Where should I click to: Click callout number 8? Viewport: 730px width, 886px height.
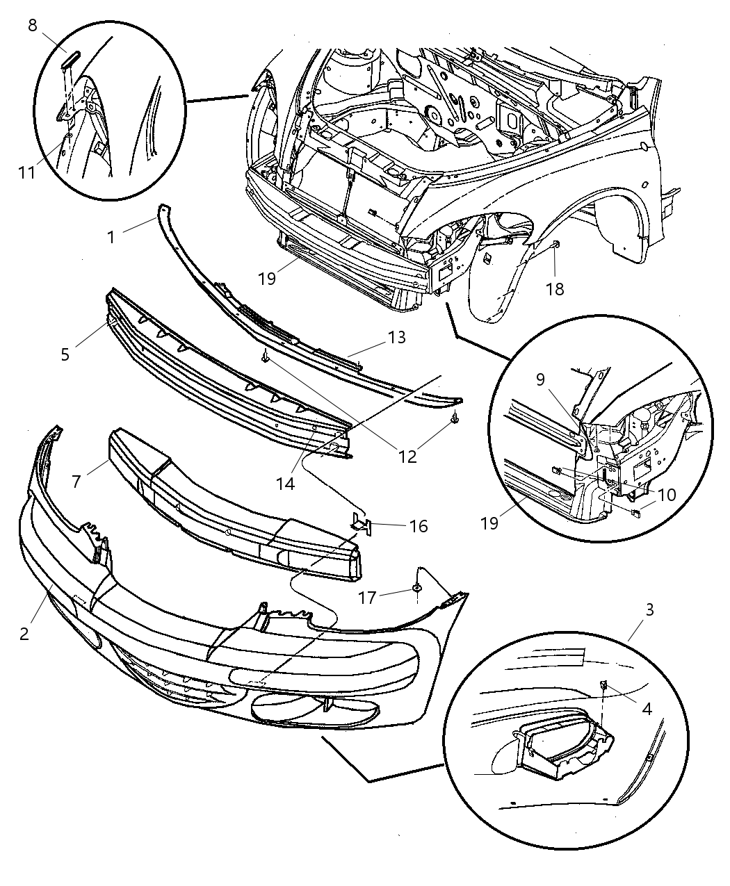(33, 26)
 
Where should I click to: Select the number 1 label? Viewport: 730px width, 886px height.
(111, 237)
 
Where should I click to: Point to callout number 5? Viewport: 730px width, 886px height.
(65, 354)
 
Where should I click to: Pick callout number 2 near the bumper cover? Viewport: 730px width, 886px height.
(24, 634)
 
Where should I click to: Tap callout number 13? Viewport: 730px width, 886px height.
(397, 338)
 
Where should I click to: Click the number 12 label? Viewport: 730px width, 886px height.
(407, 456)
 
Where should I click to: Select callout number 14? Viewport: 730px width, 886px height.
(285, 483)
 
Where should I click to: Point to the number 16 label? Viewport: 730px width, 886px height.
(419, 526)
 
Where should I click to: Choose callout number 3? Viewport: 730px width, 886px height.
(649, 610)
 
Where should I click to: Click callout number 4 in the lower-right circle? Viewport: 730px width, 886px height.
(647, 709)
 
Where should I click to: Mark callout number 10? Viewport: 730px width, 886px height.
(665, 495)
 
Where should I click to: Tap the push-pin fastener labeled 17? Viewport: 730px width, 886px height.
(416, 589)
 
